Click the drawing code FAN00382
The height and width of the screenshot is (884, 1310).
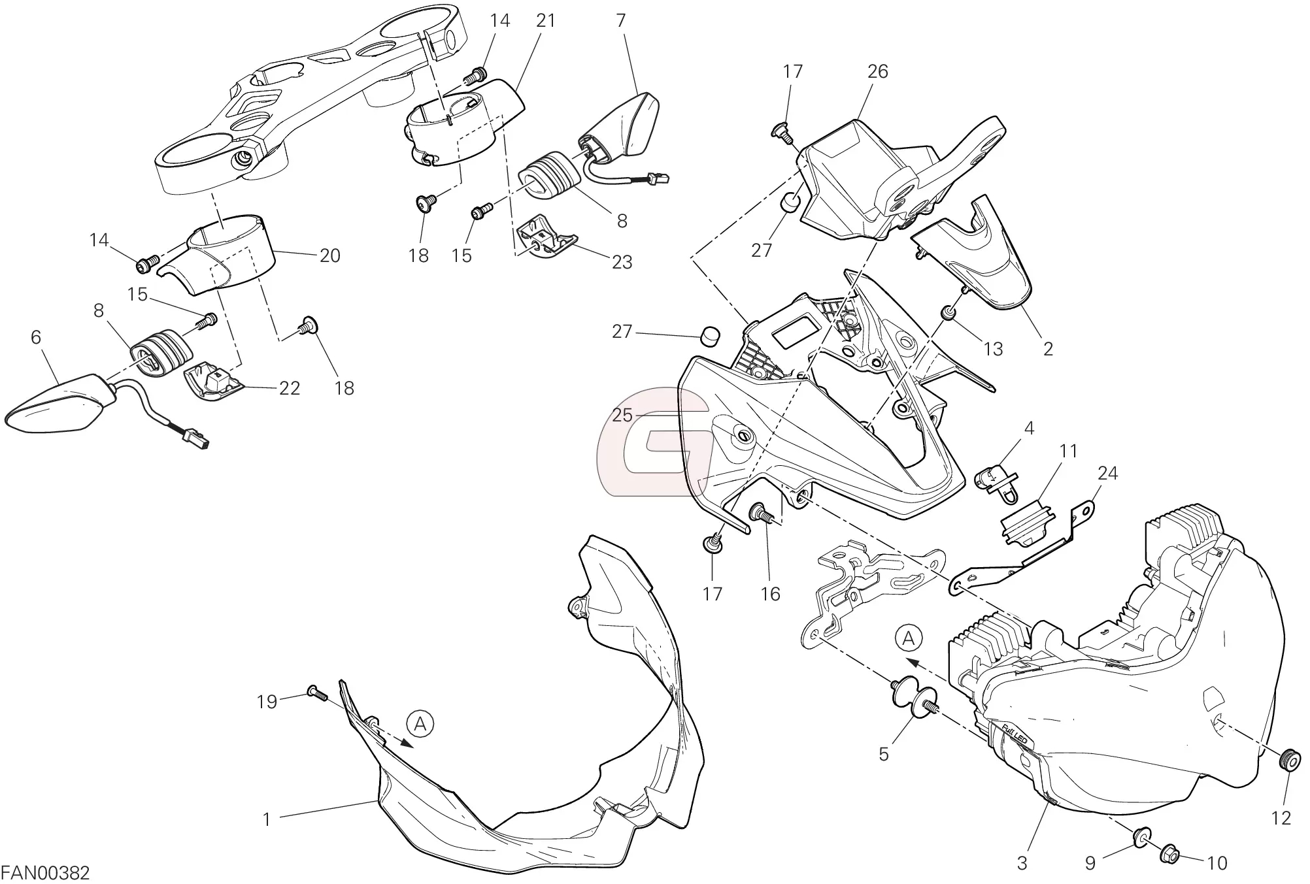tap(45, 872)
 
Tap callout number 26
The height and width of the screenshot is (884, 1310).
tap(877, 71)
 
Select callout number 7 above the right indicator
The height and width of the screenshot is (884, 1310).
tap(620, 20)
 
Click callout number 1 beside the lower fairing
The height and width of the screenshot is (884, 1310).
tap(267, 819)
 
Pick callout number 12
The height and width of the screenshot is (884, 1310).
tap(1281, 817)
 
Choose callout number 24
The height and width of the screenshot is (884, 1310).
tap(1107, 473)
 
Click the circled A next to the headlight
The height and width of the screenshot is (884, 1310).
tap(909, 638)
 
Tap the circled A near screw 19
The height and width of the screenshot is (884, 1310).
tap(420, 723)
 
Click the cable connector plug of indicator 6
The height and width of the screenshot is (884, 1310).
tap(197, 438)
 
